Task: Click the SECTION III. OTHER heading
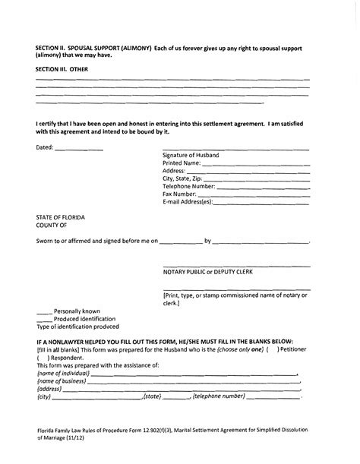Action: pyautogui.click(x=63, y=68)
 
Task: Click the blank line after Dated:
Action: pyautogui.click(x=79, y=150)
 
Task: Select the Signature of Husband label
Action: pyautogui.click(x=191, y=155)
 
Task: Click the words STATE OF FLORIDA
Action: pyautogui.click(x=61, y=218)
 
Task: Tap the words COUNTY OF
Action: pyautogui.click(x=52, y=226)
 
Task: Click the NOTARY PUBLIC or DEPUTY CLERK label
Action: pyautogui.click(x=207, y=271)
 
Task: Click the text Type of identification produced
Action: pyautogui.click(x=77, y=327)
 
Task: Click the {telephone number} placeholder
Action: pyautogui.click(x=219, y=396)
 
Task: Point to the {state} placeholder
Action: pyautogui.click(x=153, y=396)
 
